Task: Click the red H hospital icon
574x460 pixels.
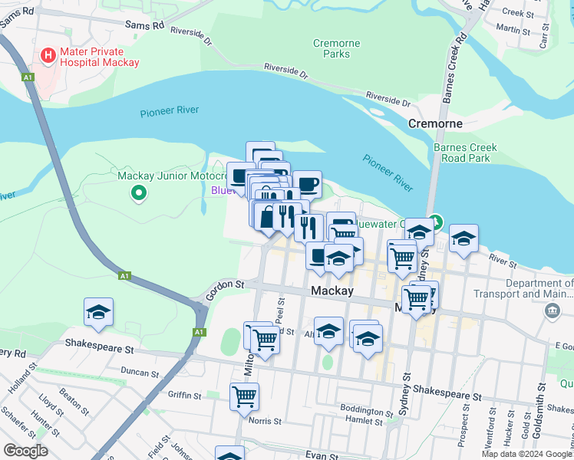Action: (48, 55)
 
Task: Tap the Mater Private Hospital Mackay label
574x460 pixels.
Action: (100, 56)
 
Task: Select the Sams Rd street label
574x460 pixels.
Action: (147, 25)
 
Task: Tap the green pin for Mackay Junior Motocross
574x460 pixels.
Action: (139, 194)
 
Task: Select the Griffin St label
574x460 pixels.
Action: (183, 396)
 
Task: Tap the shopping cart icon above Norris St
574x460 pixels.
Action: (244, 396)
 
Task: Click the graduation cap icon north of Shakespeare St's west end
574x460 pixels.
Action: (98, 311)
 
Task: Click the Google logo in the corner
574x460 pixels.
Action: (25, 451)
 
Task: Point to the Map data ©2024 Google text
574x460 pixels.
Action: (527, 454)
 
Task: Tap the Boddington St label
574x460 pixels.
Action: (361, 409)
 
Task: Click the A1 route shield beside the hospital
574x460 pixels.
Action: (28, 77)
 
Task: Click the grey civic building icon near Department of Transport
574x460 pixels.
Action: (552, 310)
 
